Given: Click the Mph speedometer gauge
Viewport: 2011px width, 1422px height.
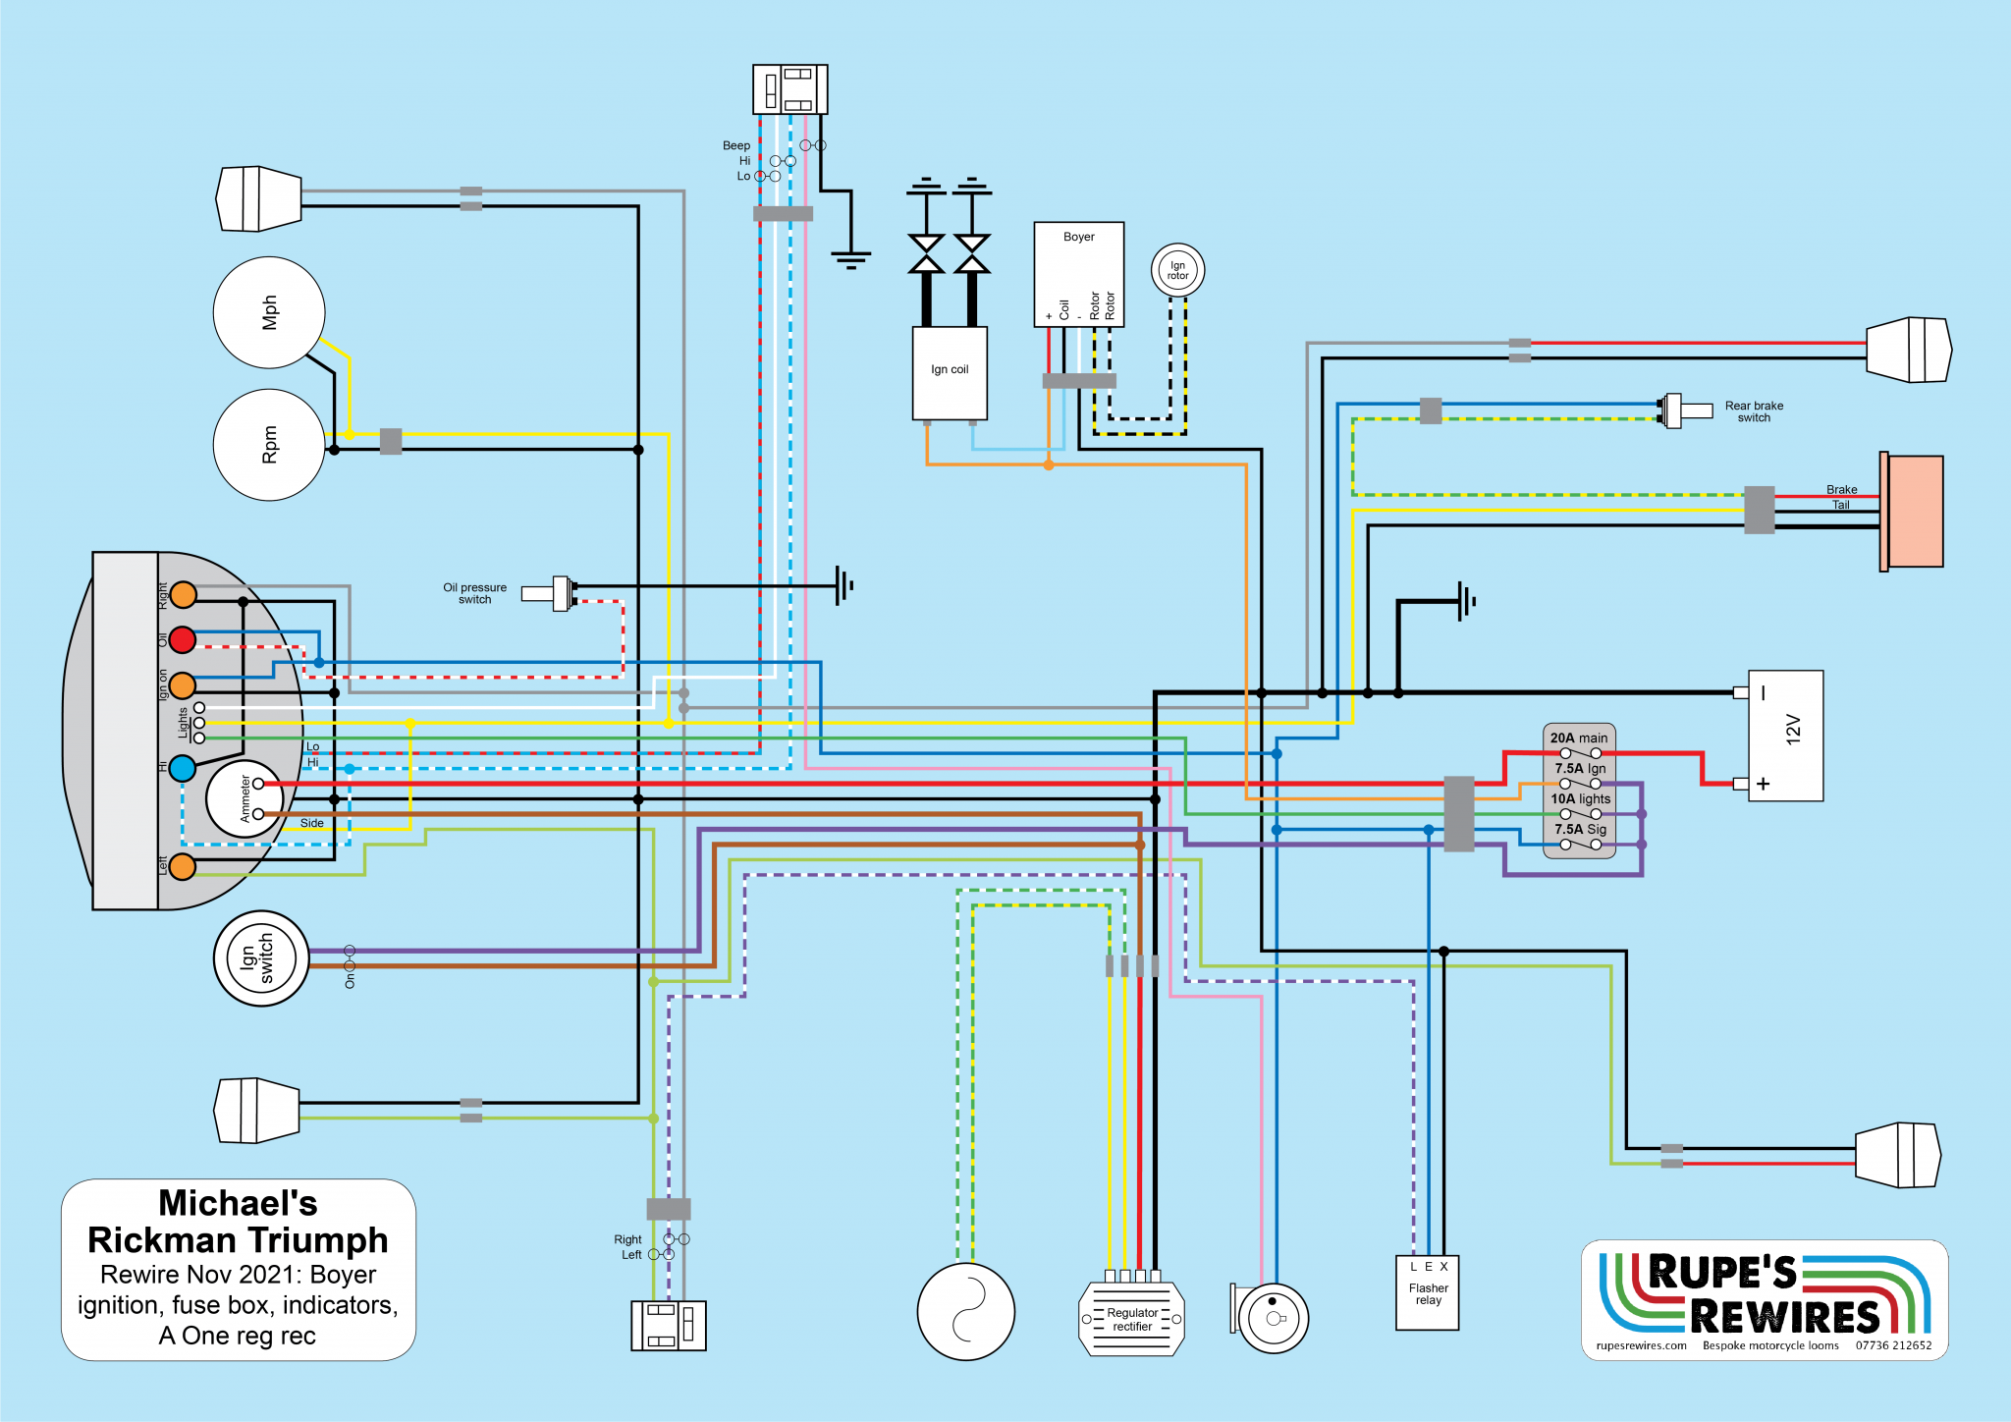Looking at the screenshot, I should click(269, 312).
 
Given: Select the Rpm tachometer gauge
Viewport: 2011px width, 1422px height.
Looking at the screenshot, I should click(269, 445).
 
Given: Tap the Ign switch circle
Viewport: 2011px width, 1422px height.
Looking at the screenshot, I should click(261, 958).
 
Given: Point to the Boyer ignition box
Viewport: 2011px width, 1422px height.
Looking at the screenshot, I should click(1078, 273).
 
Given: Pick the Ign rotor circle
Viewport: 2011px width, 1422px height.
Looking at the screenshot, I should click(1177, 270).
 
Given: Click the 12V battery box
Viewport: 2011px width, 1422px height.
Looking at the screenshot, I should click(1785, 736).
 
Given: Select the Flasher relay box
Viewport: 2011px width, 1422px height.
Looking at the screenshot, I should click(1428, 1293).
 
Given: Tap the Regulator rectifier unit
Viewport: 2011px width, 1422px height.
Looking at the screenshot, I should click(1132, 1320).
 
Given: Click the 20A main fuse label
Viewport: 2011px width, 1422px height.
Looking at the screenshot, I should click(1579, 738).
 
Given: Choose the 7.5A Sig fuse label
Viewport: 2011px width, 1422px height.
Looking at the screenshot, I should click(1580, 829).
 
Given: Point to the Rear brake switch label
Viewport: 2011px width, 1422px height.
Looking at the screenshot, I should click(1754, 411).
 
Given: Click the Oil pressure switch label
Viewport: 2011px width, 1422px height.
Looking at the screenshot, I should click(474, 593).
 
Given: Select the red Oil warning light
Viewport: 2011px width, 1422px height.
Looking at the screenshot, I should click(183, 640).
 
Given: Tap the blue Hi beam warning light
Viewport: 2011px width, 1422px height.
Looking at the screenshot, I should click(183, 768).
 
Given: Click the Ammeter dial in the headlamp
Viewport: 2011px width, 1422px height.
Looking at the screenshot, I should click(244, 798).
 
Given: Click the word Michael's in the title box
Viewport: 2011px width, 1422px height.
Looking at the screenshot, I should click(238, 1203).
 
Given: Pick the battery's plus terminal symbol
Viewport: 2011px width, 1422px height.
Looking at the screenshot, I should click(1764, 784).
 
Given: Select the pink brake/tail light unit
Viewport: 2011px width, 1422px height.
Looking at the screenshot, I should click(1913, 512).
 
